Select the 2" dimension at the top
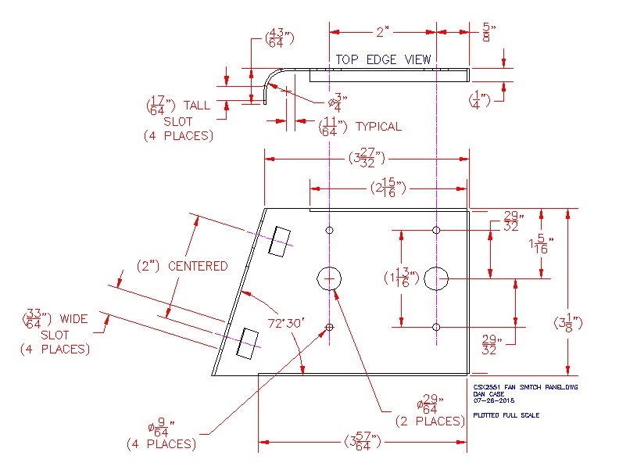pyautogui.click(x=382, y=32)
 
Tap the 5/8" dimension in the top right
pyautogui.click(x=488, y=33)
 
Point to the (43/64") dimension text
pyautogui.click(x=274, y=38)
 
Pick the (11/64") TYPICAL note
pyautogui.click(x=360, y=126)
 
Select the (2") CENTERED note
pyautogui.click(x=181, y=266)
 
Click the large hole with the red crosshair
pyautogui.click(x=330, y=278)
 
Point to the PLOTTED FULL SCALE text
pyautogui.click(x=506, y=415)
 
